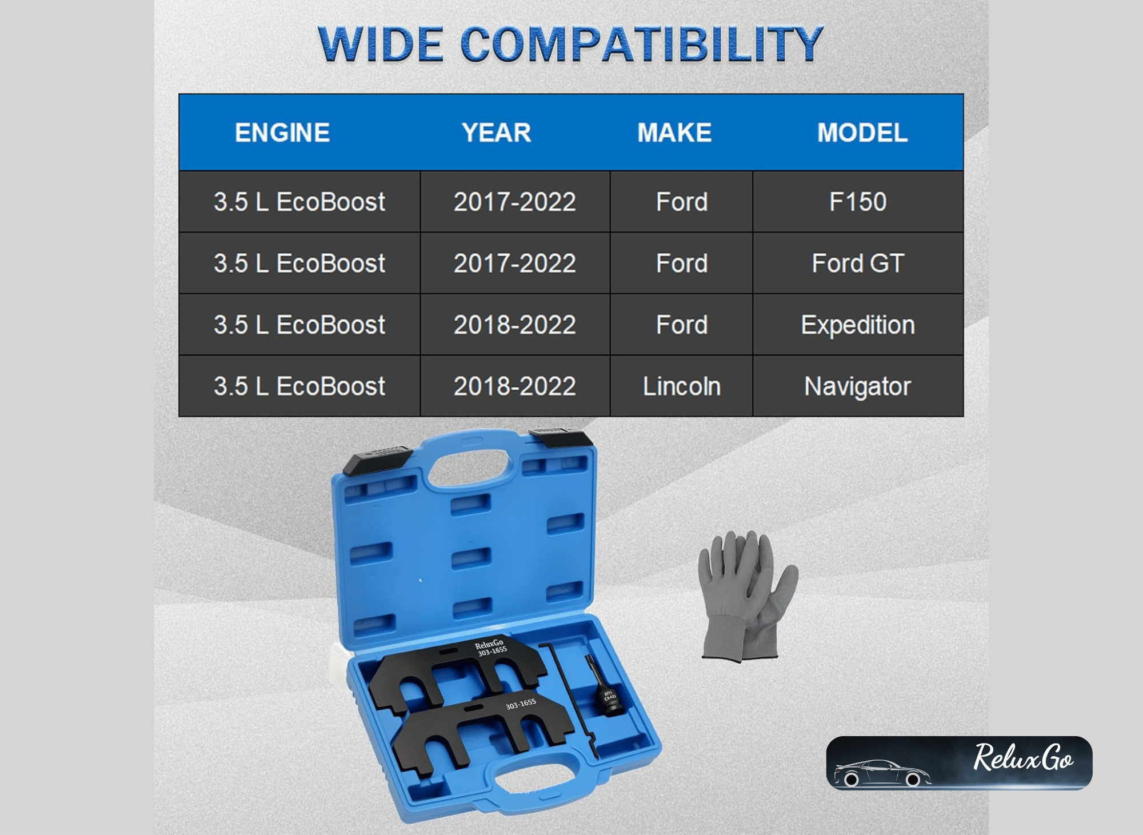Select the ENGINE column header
click(282, 133)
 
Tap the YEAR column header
click(496, 133)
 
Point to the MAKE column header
click(674, 133)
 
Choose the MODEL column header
click(862, 133)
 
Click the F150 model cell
click(858, 202)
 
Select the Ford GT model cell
click(858, 263)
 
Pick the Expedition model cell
click(858, 325)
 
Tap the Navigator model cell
click(858, 386)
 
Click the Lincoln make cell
click(682, 386)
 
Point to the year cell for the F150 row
click(515, 202)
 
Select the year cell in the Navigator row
click(515, 386)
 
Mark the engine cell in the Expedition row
click(299, 325)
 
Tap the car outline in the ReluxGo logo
click(882, 773)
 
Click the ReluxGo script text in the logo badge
click(1023, 757)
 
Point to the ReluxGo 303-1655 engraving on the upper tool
click(491, 648)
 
